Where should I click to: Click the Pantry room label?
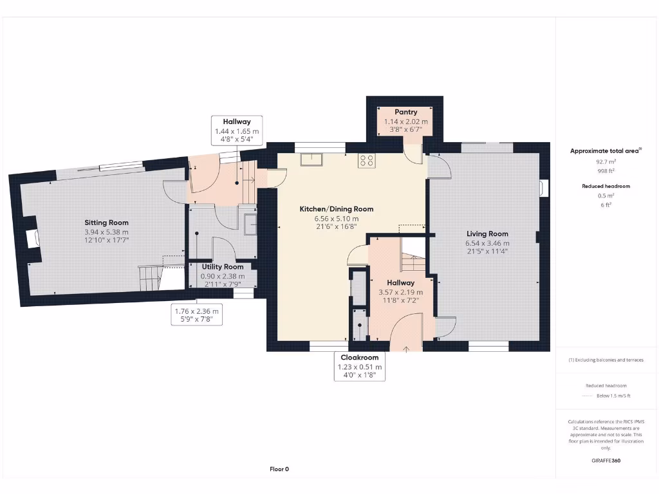point(405,112)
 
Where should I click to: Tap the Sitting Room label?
point(107,223)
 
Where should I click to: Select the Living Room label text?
point(487,234)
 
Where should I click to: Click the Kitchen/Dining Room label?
point(336,209)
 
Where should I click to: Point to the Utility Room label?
point(223,266)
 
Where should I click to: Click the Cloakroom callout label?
point(359,358)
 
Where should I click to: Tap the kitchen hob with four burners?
point(367,161)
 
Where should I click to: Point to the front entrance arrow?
point(406,349)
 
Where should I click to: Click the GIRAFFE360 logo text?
point(606,461)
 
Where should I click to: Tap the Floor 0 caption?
point(279,469)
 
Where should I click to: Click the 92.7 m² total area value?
point(605,162)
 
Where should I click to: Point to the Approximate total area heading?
point(606,151)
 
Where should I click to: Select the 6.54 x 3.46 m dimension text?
point(487,244)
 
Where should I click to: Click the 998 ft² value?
point(605,171)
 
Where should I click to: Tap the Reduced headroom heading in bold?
point(606,186)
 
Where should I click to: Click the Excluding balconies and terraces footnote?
point(606,360)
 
